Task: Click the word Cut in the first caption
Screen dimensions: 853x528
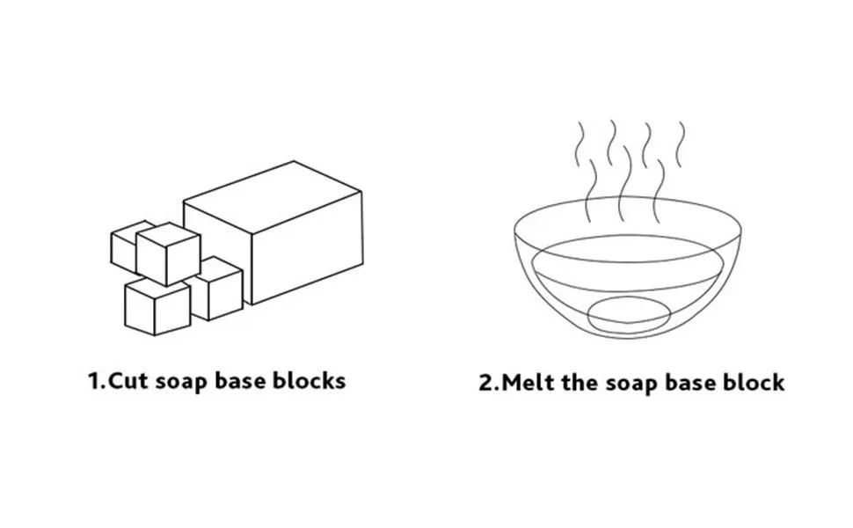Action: tap(128, 380)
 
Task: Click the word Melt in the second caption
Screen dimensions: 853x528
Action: tap(527, 382)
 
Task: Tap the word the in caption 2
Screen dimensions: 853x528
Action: tap(580, 382)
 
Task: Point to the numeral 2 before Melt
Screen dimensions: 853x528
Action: tap(485, 382)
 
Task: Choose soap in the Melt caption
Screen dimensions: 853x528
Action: tap(631, 384)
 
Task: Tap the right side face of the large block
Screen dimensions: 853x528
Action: tap(308, 247)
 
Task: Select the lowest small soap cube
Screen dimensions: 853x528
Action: tap(157, 308)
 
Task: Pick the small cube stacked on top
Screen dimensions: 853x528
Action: tap(168, 254)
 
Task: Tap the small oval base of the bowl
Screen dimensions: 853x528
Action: tap(629, 315)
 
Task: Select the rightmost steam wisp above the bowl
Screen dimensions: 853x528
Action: tap(680, 144)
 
